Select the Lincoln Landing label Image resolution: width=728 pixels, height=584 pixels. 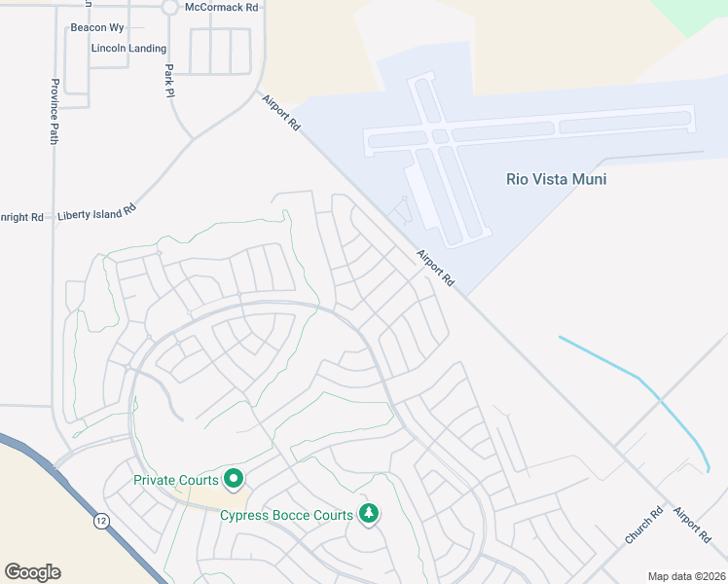127,48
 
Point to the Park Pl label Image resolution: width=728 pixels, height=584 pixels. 169,82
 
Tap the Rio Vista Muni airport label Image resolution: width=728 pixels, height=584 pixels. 550,179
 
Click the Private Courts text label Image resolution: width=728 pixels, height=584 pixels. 175,479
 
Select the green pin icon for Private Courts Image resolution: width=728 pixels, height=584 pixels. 234,478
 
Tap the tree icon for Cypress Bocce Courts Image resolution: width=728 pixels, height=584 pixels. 368,513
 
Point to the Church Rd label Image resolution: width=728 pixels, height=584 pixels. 643,525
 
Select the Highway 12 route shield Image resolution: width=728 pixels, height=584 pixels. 100,523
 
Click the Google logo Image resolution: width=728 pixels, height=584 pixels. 32,571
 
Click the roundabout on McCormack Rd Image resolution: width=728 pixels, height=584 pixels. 169,7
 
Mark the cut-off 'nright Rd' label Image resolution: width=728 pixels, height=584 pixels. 21,217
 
